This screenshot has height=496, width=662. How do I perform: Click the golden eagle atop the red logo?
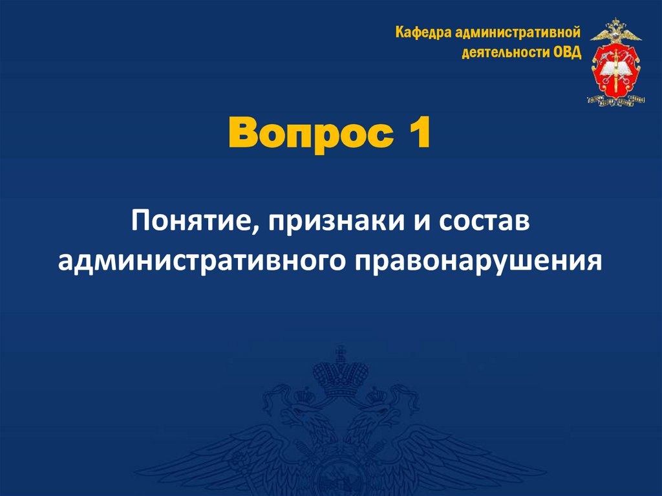click(x=616, y=30)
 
